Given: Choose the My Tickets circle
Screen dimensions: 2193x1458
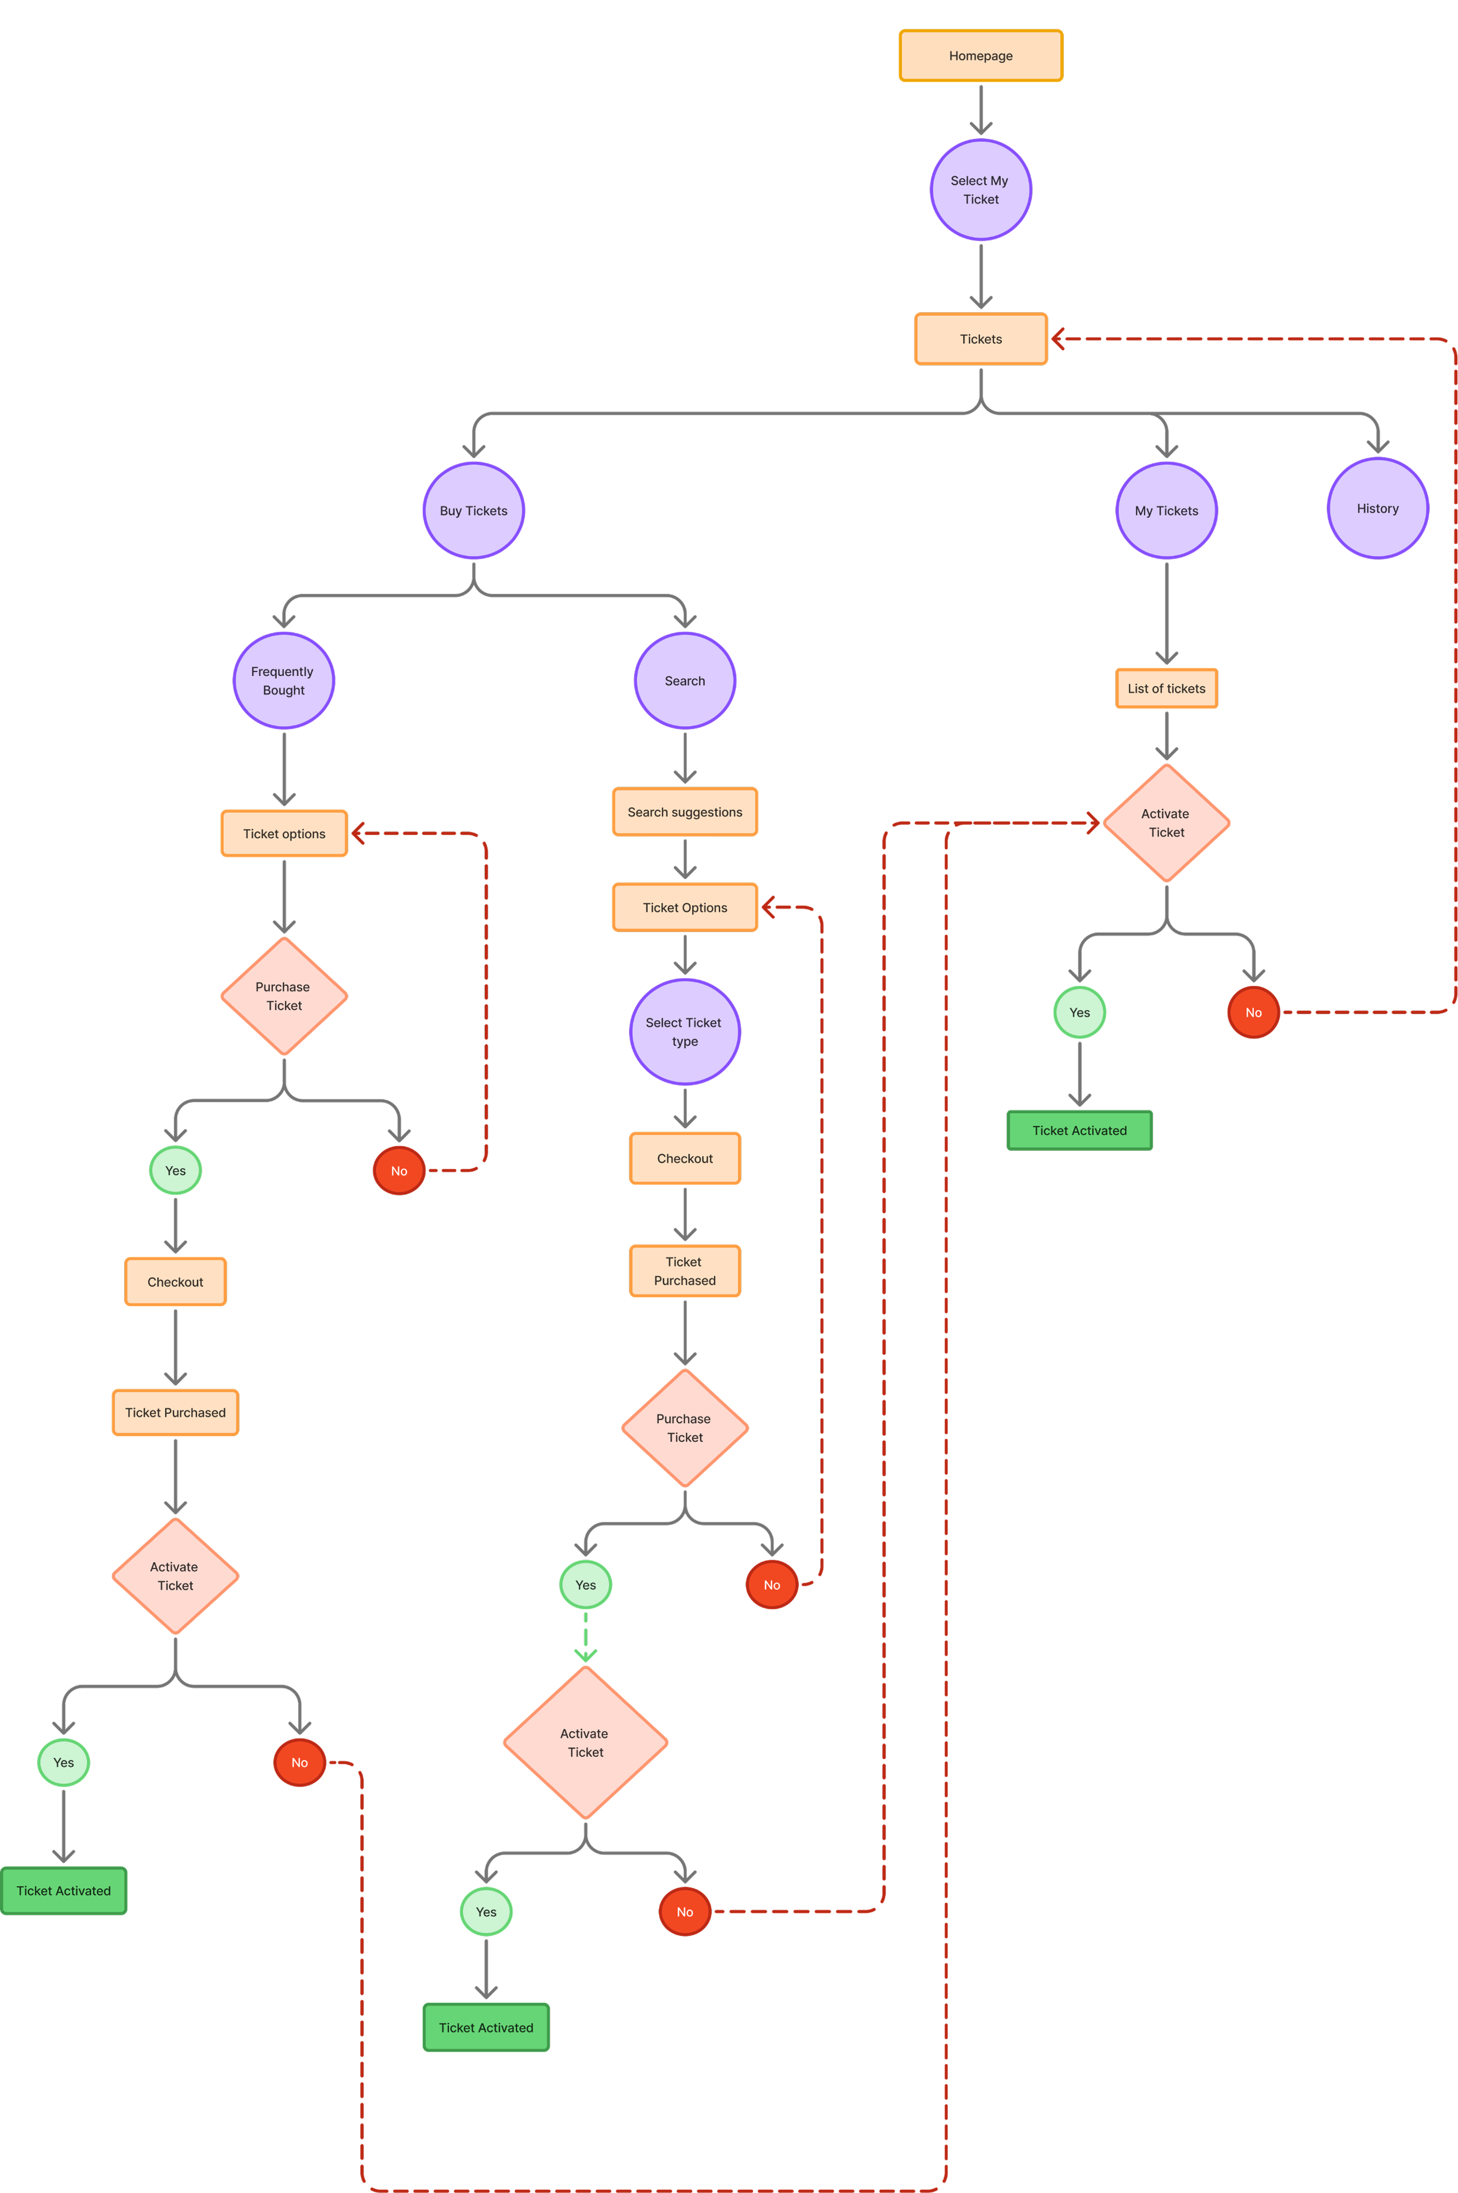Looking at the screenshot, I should [1166, 510].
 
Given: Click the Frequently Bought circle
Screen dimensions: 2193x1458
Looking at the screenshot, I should [284, 680].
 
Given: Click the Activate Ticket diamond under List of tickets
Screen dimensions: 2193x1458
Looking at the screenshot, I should [1166, 823].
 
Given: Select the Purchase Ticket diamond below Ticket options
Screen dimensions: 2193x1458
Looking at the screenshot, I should [284, 996].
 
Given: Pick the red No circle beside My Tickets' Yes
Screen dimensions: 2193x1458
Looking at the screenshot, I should [1253, 1012].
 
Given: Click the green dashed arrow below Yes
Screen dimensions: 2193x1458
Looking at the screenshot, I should [585, 1636].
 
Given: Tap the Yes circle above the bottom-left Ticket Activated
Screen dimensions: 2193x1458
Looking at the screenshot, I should [63, 1763].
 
